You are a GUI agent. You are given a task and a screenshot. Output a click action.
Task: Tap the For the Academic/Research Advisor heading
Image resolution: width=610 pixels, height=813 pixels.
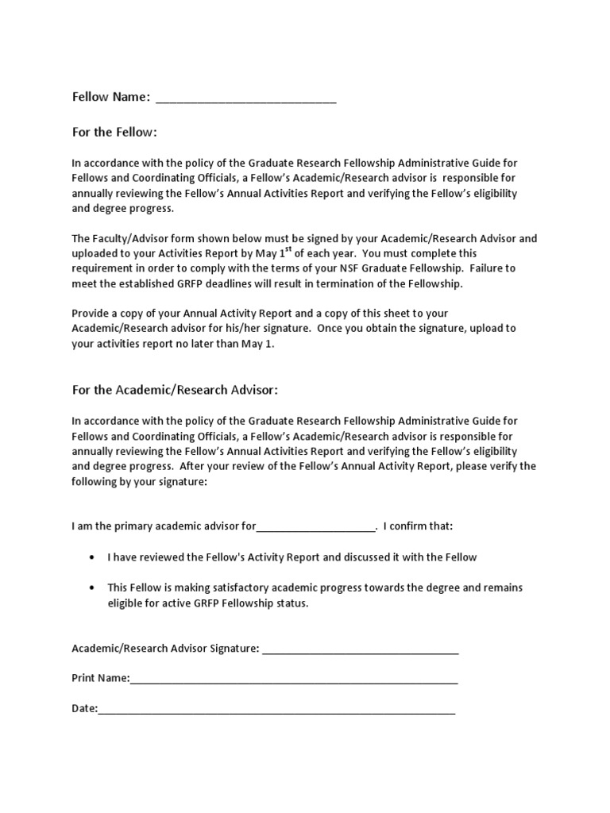(x=175, y=390)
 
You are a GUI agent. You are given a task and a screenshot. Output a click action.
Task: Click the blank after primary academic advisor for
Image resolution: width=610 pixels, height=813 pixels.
(x=315, y=526)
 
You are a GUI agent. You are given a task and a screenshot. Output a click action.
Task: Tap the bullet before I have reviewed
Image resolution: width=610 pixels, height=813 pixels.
(x=93, y=557)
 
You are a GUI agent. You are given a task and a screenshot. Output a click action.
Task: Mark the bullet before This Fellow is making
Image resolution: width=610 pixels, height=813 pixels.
(x=93, y=588)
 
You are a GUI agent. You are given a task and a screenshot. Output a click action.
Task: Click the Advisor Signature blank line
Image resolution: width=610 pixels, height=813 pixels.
(x=360, y=649)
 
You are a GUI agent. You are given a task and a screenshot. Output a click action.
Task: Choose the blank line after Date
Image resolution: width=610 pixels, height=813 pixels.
(x=276, y=709)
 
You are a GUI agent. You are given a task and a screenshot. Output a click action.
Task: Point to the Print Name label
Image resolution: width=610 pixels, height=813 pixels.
(x=99, y=679)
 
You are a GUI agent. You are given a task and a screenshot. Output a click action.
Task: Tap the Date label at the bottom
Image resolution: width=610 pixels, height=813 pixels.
(x=83, y=708)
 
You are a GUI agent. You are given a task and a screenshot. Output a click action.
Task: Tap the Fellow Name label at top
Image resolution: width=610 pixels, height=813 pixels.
(x=110, y=97)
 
